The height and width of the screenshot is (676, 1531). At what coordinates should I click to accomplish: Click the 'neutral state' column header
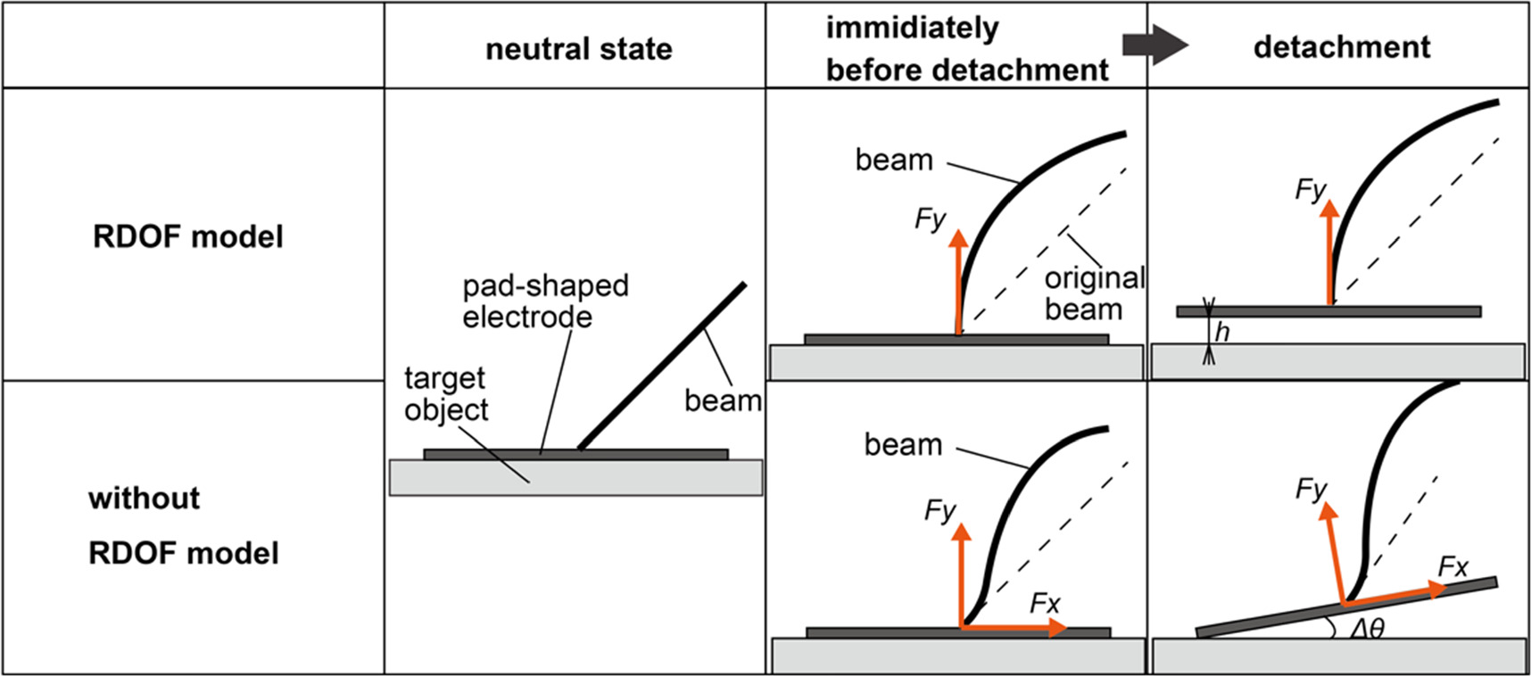(578, 48)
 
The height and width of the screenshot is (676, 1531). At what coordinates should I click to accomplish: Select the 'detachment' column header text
(1341, 46)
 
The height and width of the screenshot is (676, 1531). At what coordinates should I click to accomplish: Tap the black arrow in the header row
(1154, 45)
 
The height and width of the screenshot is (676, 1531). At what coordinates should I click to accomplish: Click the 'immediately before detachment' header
(966, 48)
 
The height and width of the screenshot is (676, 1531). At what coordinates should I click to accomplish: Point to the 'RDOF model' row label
(188, 236)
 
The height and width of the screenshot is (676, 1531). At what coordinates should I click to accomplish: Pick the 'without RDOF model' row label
(183, 525)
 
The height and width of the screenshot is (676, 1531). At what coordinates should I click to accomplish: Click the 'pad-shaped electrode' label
(544, 301)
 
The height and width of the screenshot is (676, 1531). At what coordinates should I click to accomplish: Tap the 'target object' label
(445, 393)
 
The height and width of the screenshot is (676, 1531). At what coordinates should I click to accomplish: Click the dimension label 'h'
(1222, 332)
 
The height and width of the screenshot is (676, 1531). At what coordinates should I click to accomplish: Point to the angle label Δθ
(1366, 629)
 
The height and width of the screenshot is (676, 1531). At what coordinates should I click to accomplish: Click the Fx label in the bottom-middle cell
(1044, 604)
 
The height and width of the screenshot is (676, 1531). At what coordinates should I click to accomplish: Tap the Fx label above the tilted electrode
(1452, 566)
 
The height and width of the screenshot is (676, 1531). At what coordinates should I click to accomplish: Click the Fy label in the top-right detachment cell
(1311, 189)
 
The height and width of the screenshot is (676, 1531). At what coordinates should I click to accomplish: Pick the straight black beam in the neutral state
(662, 366)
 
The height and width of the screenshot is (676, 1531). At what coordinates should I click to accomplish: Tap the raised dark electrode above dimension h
(1410, 312)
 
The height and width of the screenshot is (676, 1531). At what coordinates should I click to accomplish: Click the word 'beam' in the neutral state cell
(723, 400)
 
